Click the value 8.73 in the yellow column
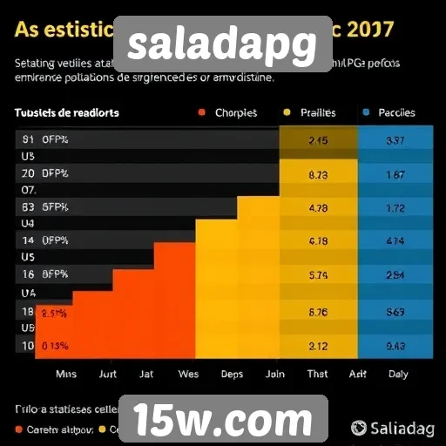tap(318, 174)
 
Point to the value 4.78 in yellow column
tap(318, 208)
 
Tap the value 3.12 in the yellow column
tap(318, 345)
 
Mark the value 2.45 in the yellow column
tap(318, 140)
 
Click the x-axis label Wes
tap(188, 374)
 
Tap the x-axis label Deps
tap(232, 374)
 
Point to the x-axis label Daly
tap(397, 374)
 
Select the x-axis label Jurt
tap(107, 374)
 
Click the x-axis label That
tap(318, 374)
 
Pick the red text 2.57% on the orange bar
tap(54, 312)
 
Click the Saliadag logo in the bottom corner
tap(395, 428)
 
